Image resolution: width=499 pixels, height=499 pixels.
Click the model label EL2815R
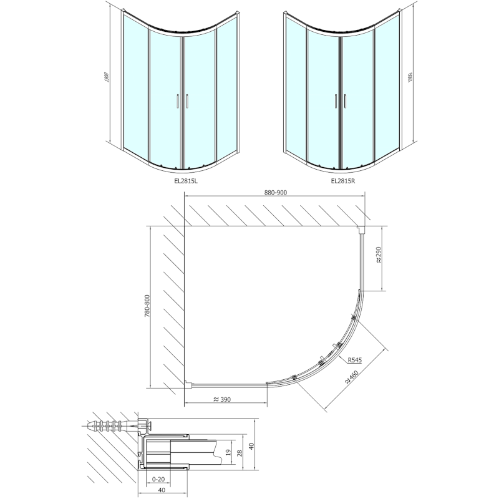[x=343, y=180]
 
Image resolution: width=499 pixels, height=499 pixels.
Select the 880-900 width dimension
[x=276, y=193]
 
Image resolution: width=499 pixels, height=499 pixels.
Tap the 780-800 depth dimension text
[x=148, y=306]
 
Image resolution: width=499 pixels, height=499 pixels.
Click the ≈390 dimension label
[x=223, y=399]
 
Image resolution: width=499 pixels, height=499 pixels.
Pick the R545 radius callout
[x=354, y=360]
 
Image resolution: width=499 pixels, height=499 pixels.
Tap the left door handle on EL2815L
[x=177, y=101]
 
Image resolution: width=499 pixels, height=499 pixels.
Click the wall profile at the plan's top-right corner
[x=362, y=230]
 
